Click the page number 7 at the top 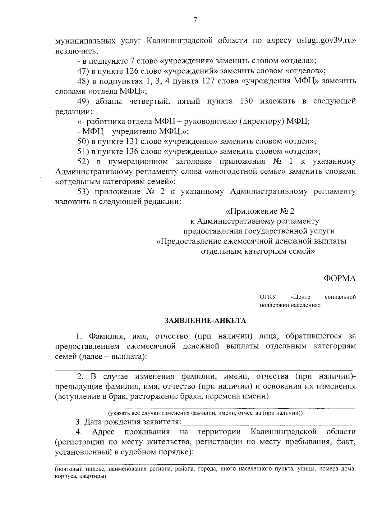point(195,20)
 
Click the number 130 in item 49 point(248,101)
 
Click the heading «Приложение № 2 point(260,211)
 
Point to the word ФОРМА point(340,279)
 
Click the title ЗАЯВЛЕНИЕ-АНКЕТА point(205,320)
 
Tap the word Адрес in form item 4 point(103,432)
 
